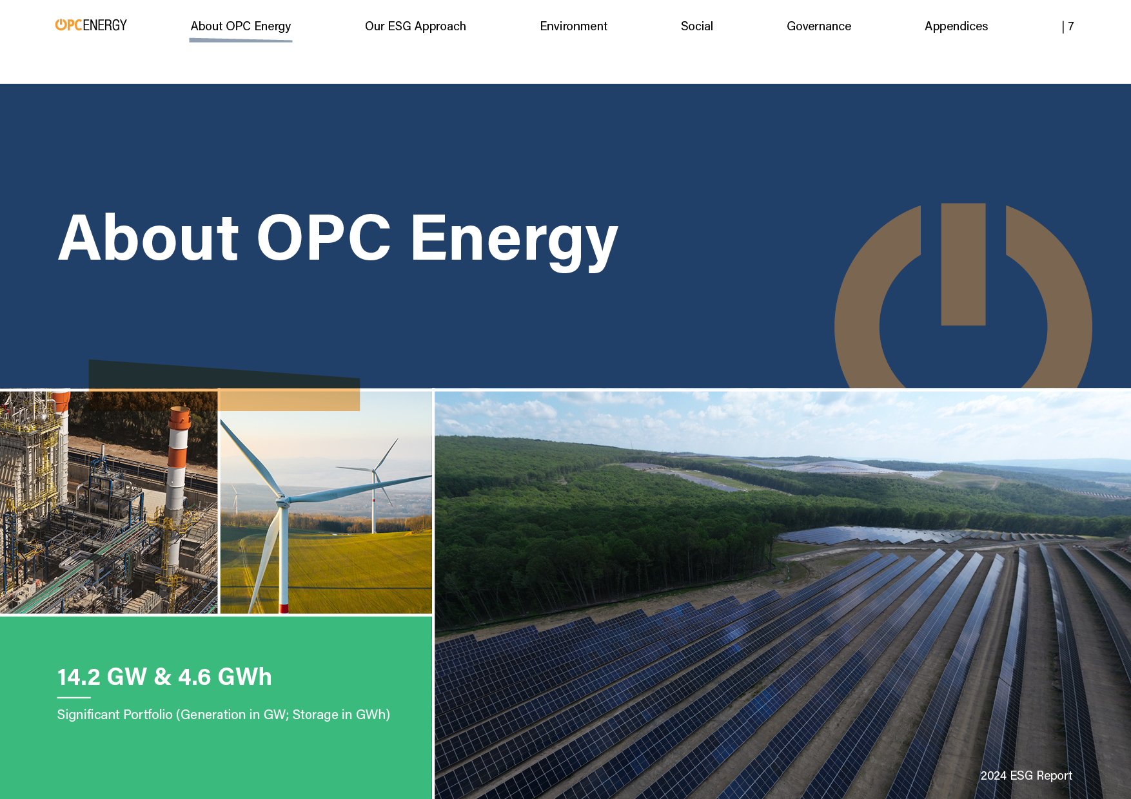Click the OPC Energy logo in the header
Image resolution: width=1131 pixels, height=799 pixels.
coord(91,25)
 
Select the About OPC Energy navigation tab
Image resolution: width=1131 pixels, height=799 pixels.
coord(241,26)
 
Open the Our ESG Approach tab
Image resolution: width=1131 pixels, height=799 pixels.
coord(415,26)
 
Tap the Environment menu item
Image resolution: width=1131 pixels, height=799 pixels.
coord(573,26)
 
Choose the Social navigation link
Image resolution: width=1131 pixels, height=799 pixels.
coord(696,26)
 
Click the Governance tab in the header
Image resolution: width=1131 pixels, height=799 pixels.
coord(819,26)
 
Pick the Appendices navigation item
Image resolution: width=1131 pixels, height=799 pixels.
coord(956,26)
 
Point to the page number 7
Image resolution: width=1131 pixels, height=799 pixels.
coord(1070,26)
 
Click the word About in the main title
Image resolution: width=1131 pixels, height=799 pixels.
coord(149,238)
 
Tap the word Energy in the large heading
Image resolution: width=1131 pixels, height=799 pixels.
coord(514,240)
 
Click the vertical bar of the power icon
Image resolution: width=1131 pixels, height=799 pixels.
coord(963,264)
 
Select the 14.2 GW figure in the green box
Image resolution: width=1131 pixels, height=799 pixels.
coord(102,677)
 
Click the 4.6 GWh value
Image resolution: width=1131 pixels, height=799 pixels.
coord(225,677)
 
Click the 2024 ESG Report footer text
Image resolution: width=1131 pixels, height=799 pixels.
coord(1026,776)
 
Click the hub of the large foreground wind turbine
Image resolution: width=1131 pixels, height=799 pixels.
coord(281,498)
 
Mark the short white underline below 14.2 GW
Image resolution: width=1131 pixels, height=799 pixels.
coord(74,697)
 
